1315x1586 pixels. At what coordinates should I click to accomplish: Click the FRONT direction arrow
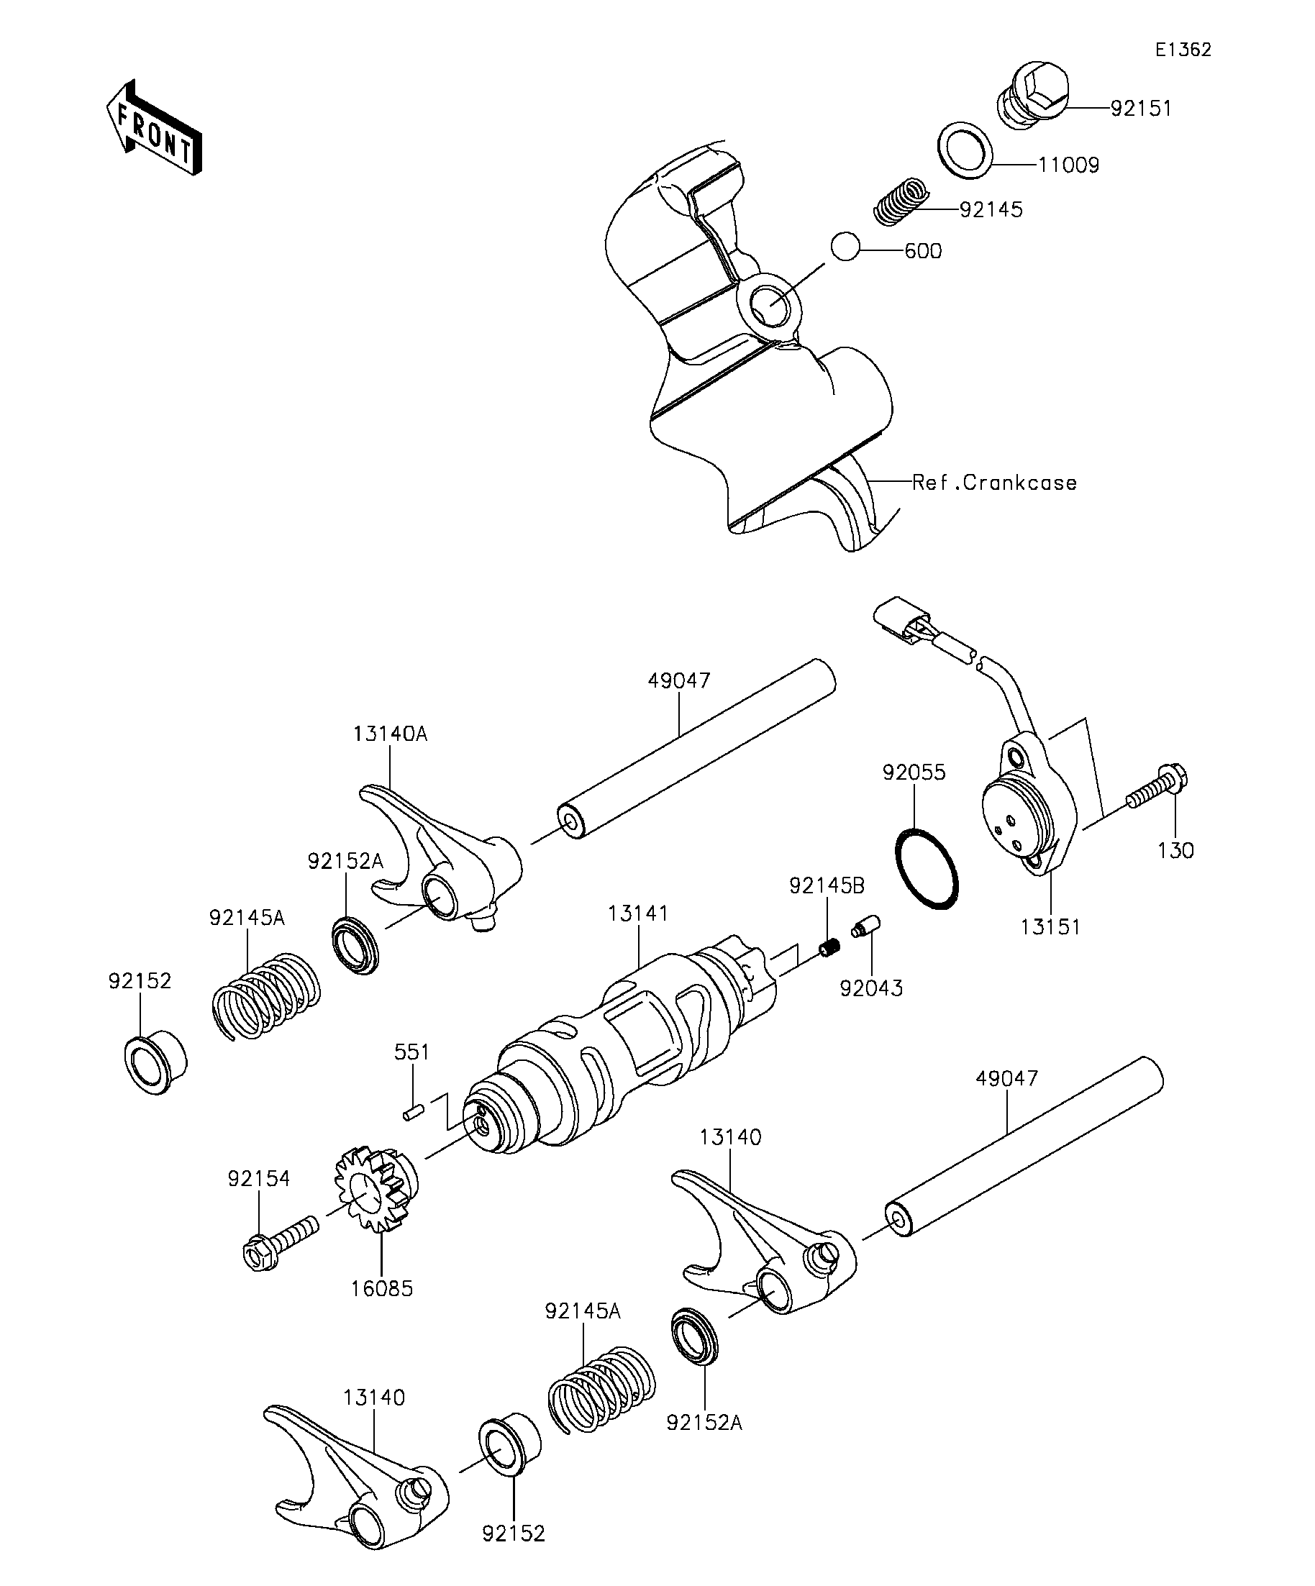(x=154, y=128)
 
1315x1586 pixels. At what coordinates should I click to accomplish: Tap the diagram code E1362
(x=1183, y=50)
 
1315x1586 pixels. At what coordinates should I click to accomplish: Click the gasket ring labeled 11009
(x=965, y=149)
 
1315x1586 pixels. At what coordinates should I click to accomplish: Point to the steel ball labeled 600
(x=845, y=246)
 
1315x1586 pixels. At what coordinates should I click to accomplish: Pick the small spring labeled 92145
(x=901, y=201)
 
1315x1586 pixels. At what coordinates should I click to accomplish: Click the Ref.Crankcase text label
(x=994, y=483)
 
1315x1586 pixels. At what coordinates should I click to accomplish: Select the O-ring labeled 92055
(x=926, y=870)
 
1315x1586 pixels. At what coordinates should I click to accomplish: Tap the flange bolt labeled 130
(x=1155, y=786)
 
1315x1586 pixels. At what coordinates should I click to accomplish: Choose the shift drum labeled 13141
(x=627, y=1042)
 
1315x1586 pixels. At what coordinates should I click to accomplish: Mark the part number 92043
(x=871, y=988)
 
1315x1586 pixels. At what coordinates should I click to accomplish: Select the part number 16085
(x=381, y=1288)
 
